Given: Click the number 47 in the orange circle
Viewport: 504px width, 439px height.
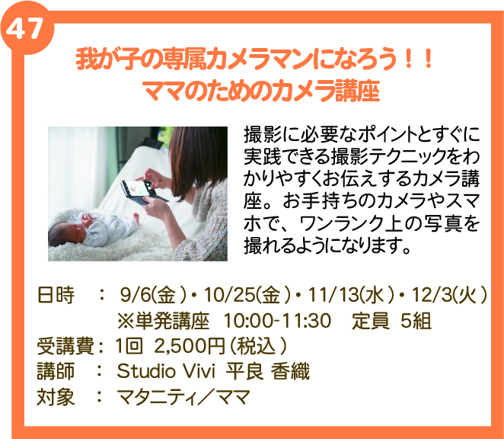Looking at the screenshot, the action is point(24,28).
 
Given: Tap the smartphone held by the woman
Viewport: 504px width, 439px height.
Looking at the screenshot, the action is point(143,192).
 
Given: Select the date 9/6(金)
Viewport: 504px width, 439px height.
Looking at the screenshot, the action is point(153,295).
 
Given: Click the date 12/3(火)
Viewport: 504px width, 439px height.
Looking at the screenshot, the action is point(449,295).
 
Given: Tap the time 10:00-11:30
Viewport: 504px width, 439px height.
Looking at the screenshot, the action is point(277,321).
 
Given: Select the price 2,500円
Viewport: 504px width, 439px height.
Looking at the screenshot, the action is point(189,346).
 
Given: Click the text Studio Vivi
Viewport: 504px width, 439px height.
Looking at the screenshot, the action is point(166,371).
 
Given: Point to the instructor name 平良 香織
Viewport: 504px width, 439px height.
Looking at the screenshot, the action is point(268,371).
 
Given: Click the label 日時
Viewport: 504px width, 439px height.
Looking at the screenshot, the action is point(56,295).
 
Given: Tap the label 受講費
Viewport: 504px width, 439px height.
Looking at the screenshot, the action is point(65,346).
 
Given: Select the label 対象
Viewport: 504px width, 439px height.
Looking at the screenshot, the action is point(56,396).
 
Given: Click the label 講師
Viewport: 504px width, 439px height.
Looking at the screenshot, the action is point(56,371).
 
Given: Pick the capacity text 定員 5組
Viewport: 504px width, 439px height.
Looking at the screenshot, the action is point(391,321).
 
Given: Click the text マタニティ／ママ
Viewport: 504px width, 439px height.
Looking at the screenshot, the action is point(183,396).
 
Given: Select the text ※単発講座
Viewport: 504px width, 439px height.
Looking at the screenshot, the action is point(163,321).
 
